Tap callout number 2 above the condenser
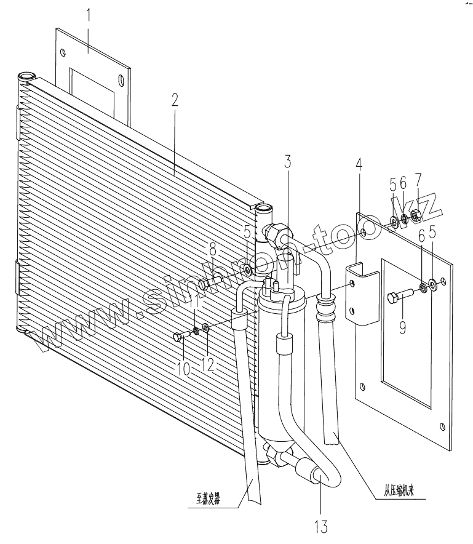[x=175, y=100]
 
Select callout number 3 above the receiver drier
[x=287, y=162]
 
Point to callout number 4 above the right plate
[x=359, y=166]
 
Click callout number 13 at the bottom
[x=320, y=526]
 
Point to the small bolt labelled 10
[x=182, y=335]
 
